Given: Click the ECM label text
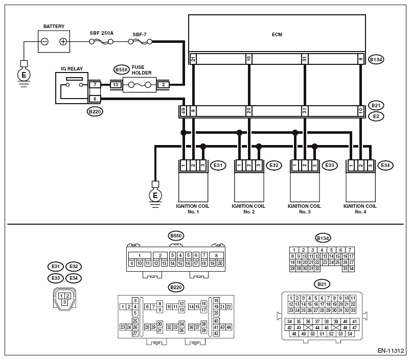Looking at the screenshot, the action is [x=277, y=34].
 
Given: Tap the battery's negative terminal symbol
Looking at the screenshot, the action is [x=44, y=42].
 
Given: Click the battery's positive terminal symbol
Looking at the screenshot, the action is [x=63, y=42].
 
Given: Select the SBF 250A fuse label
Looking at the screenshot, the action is [x=101, y=33].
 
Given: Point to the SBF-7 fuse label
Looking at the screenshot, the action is [x=140, y=34].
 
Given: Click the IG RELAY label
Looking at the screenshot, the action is [x=72, y=68].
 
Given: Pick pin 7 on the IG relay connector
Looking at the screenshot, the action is [x=95, y=85].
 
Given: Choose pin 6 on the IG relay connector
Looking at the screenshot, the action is [x=95, y=99].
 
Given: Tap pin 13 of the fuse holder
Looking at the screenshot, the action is [x=116, y=85].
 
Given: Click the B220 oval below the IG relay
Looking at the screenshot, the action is [x=95, y=111].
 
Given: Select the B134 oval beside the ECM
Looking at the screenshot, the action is [x=376, y=59].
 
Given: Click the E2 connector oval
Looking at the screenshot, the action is [x=376, y=116].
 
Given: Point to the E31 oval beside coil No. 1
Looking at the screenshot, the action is [x=218, y=165].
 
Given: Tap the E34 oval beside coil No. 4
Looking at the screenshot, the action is [x=385, y=165].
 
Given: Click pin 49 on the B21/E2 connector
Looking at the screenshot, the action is [x=184, y=111].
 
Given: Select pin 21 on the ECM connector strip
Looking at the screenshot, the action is [x=193, y=59].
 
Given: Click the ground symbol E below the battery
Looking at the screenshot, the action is [x=24, y=75].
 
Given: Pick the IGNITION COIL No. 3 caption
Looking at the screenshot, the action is [x=304, y=209].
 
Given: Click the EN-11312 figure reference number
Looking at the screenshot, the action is [x=391, y=351].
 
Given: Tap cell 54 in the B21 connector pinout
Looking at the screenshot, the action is [x=350, y=334].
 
